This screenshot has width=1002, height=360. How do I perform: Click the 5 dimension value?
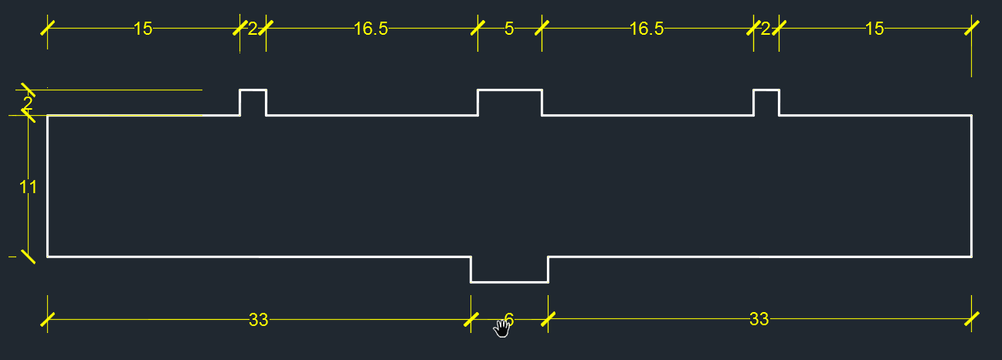pos(509,29)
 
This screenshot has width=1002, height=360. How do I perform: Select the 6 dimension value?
pos(508,319)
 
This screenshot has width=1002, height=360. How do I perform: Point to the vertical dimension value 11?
pos(29,187)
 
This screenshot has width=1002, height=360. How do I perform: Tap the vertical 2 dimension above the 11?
pos(28,103)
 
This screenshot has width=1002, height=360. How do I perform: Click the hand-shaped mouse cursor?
pos(503,328)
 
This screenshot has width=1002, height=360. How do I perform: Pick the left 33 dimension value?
pos(258,320)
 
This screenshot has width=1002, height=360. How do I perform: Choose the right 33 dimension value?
pos(759,319)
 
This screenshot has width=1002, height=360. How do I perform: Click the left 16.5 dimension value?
pos(371,29)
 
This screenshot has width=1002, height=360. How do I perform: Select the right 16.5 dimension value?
pos(647,29)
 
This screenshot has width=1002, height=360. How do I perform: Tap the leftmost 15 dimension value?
pos(143,29)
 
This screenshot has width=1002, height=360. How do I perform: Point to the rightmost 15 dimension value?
pos(875,29)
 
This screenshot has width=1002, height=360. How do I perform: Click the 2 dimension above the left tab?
pos(253,29)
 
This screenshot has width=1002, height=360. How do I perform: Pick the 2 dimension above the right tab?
pos(766,29)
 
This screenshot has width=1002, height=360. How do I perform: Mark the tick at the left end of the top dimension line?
pos(48,29)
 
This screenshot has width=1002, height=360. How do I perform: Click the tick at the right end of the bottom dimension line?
pos(971,319)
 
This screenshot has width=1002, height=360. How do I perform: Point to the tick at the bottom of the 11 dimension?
pos(29,256)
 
